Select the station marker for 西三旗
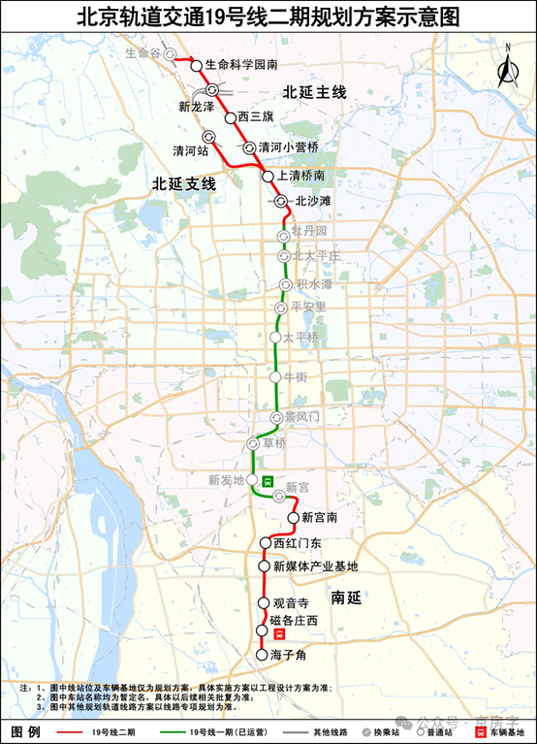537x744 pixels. (x=230, y=117)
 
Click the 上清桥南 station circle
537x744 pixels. (x=268, y=177)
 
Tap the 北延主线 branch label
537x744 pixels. (x=314, y=92)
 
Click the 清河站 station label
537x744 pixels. (x=190, y=151)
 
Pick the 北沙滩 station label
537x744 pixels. (x=312, y=202)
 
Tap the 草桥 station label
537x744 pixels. (x=274, y=442)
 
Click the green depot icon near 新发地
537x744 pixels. (x=268, y=482)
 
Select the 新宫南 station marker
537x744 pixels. (x=294, y=518)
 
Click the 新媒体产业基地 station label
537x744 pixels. (x=315, y=566)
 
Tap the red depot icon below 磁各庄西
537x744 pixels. (x=279, y=632)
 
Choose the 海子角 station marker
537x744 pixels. (x=261, y=656)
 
